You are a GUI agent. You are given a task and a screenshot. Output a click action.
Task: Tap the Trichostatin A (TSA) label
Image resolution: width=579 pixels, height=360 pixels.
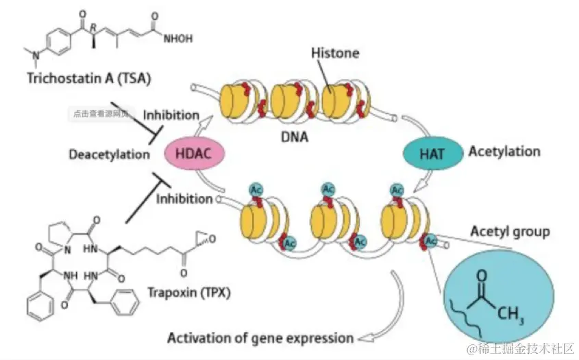pyautogui.click(x=78, y=77)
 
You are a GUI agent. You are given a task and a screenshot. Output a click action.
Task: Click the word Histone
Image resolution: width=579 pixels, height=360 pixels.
pyautogui.click(x=334, y=53)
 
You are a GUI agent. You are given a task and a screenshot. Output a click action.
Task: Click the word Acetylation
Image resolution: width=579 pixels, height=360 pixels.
pyautogui.click(x=504, y=151)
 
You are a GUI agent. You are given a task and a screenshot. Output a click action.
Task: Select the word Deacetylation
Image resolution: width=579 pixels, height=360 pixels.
pyautogui.click(x=109, y=154)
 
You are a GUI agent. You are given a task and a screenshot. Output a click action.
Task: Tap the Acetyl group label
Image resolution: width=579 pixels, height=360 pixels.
pyautogui.click(x=510, y=231)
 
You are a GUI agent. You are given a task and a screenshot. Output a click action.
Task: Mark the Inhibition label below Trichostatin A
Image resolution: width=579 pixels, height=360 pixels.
pyautogui.click(x=171, y=115)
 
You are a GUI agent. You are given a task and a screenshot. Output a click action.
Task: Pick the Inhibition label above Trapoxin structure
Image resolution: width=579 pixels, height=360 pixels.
pyautogui.click(x=184, y=200)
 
